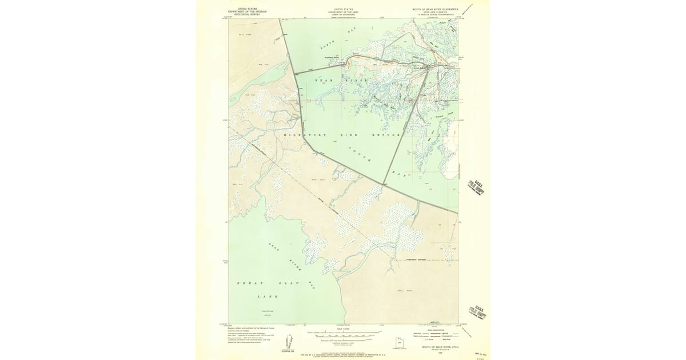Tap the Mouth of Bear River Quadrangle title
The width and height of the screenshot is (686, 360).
click(x=436, y=10)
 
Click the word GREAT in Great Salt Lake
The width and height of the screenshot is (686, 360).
click(x=245, y=283)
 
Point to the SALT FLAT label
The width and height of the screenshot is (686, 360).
click(x=245, y=35)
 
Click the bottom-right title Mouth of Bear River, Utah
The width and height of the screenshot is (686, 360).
click(x=440, y=347)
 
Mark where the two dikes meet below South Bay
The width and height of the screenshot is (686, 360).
click(x=382, y=185)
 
